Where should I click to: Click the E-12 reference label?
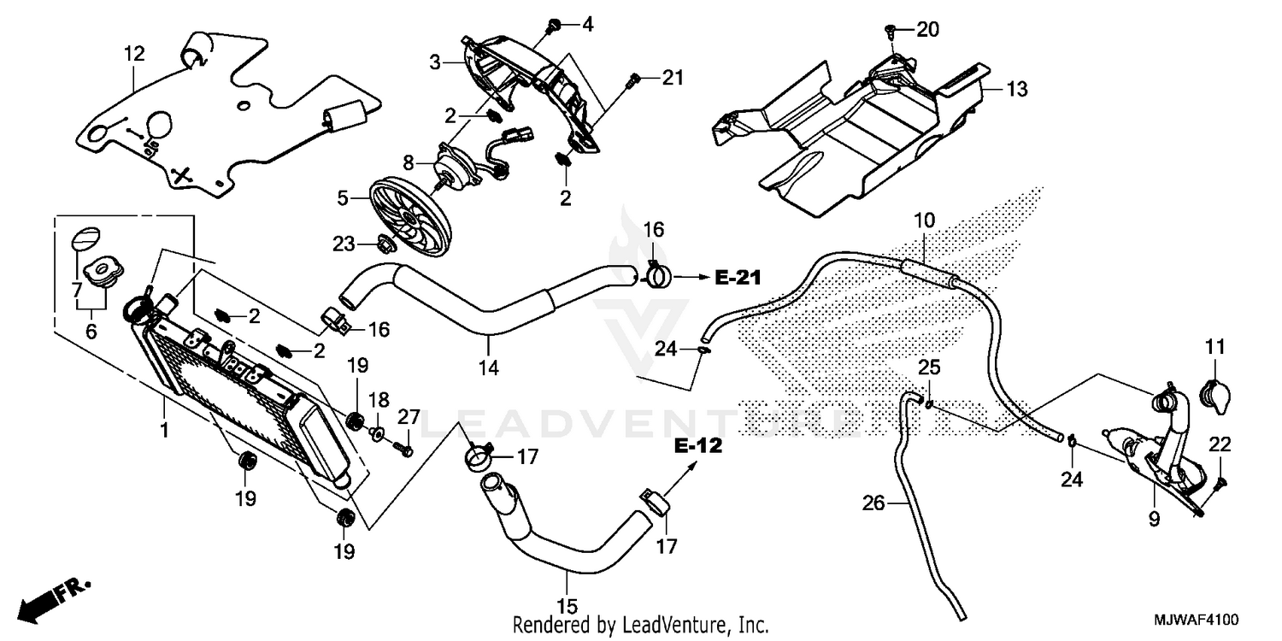point(698,446)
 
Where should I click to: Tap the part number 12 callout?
point(134,54)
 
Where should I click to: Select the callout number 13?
point(1016,89)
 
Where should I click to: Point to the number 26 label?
point(873,504)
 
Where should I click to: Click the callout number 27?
point(409,417)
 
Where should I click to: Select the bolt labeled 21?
point(633,81)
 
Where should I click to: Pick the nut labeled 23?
point(385,244)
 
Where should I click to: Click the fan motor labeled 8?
point(467,165)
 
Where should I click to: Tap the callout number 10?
point(924,220)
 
